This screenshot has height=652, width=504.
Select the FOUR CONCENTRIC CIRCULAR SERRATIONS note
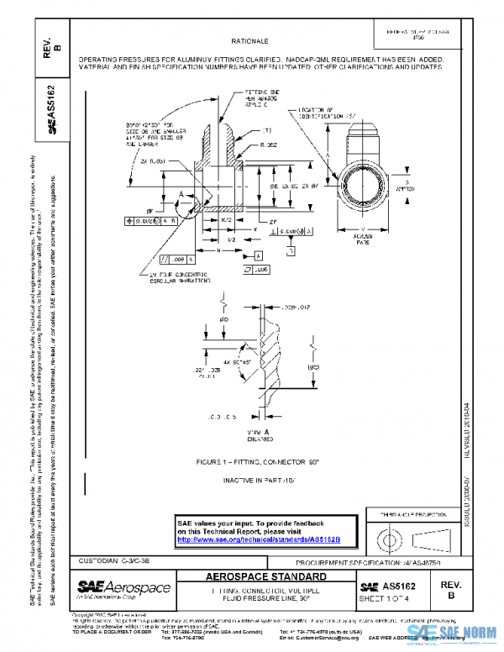click(x=176, y=278)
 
